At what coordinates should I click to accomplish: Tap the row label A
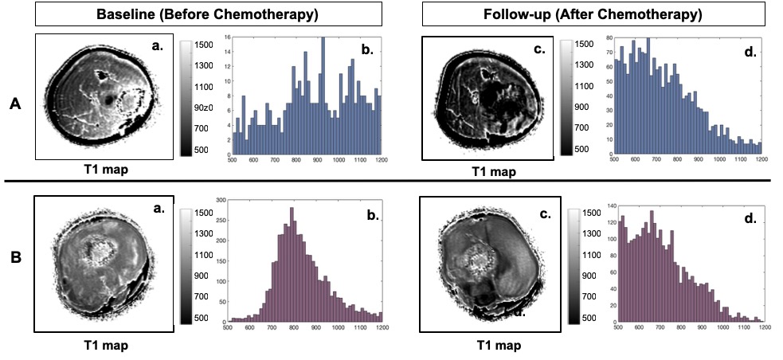[x=14, y=102]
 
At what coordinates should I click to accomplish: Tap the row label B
[x=14, y=281]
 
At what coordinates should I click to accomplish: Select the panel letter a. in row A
[x=157, y=46]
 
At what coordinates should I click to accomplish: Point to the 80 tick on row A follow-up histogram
[x=610, y=37]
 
